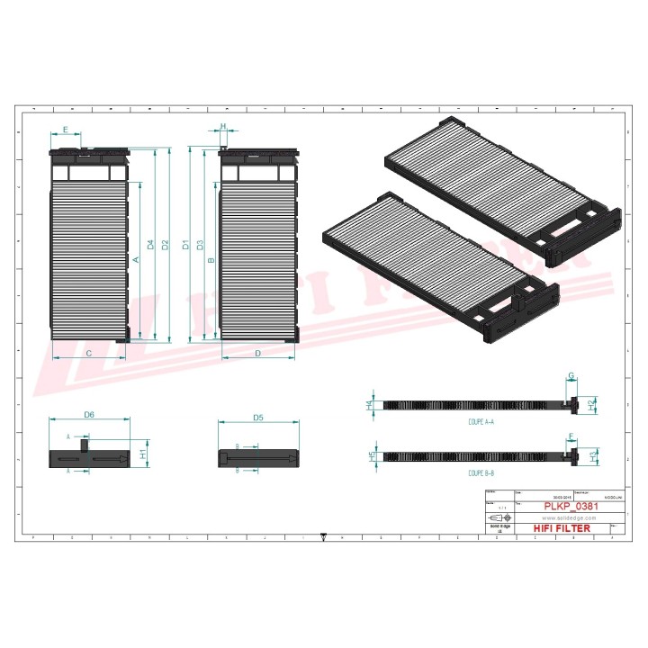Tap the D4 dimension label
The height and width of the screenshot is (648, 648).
click(150, 245)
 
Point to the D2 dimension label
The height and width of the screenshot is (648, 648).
click(166, 245)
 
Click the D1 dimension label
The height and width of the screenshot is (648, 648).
click(185, 245)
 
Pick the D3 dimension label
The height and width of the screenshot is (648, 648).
click(200, 245)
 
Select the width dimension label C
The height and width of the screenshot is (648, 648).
click(88, 354)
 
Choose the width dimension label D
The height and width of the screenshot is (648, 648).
click(257, 354)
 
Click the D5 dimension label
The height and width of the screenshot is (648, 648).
click(257, 418)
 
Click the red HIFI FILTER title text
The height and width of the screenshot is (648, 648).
click(562, 528)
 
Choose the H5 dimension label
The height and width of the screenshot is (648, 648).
click(372, 457)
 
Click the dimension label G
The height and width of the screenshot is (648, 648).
click(571, 375)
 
